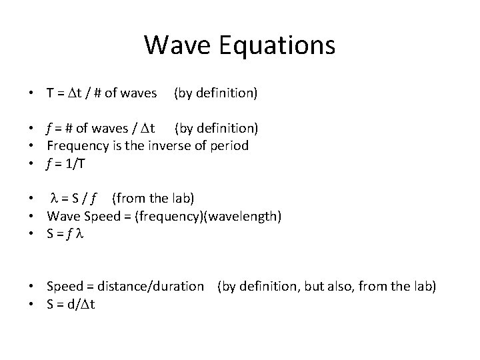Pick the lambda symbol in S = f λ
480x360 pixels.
[x=85, y=234]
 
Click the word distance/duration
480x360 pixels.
[x=151, y=287]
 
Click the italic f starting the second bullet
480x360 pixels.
[x=50, y=127]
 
